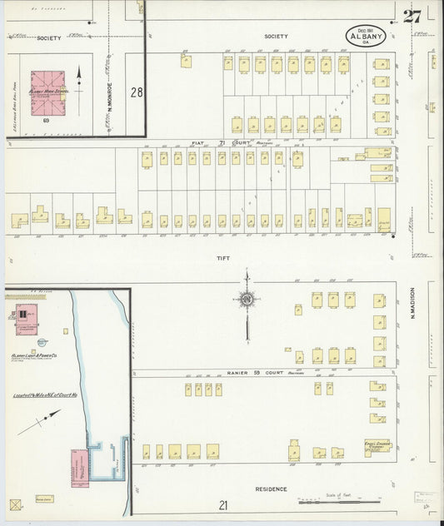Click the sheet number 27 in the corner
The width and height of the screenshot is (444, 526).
(412, 16)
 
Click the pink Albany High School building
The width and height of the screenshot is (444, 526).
(48, 92)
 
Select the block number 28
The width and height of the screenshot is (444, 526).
(137, 92)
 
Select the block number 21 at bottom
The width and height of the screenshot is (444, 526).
(223, 504)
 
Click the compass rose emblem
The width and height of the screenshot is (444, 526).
(247, 299)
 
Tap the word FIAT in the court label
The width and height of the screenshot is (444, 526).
(198, 143)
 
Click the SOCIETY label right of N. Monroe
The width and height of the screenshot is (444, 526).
(276, 37)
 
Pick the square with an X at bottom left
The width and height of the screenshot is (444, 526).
(14, 504)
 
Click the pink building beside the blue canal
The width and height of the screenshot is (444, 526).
(80, 467)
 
